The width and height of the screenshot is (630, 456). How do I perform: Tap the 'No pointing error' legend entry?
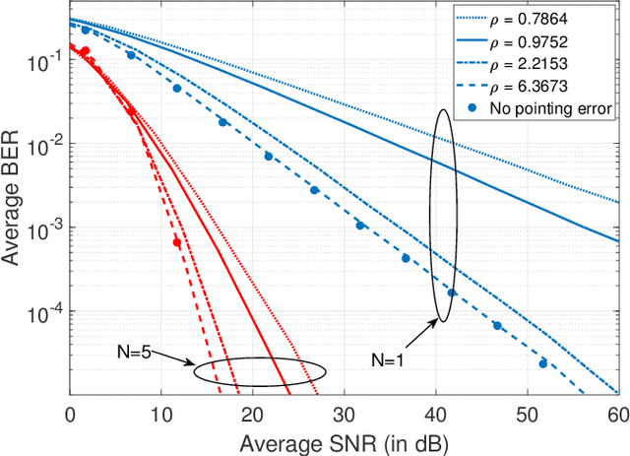pos(562,109)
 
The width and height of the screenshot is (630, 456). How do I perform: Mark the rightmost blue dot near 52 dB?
pos(542,363)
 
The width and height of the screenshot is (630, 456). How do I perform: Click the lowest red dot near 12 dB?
pos(177,242)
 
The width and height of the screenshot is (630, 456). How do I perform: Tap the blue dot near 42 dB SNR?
pos(452,293)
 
